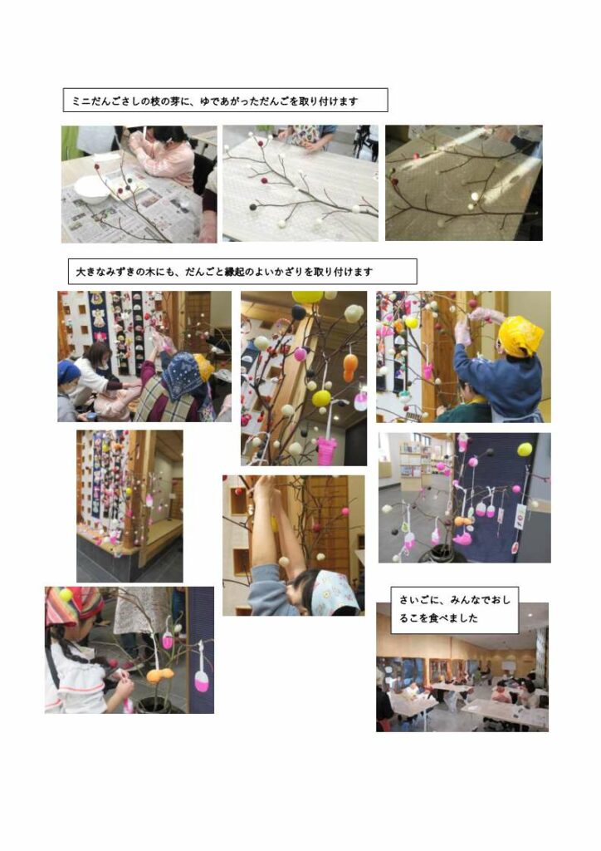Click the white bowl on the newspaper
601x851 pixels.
click(91, 189)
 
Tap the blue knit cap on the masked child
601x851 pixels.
click(68, 371)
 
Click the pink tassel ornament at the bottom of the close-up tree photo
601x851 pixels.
click(327, 450)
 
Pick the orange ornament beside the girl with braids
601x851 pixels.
click(160, 675)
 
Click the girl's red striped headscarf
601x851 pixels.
click(72, 606)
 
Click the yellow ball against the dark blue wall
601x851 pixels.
click(525, 449)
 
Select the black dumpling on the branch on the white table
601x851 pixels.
click(252, 207)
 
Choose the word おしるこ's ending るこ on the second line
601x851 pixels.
click(409, 618)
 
